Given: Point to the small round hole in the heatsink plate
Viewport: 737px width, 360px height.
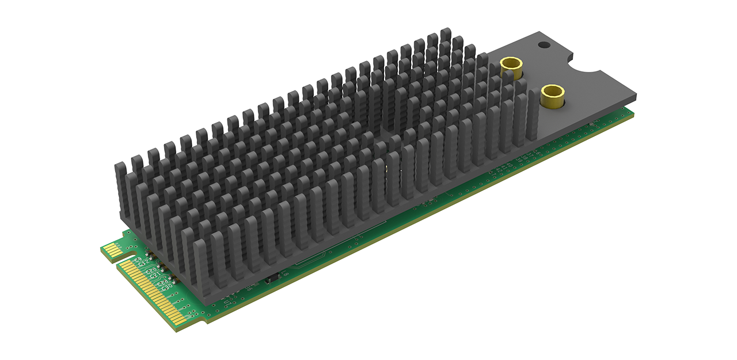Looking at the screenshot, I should (x=542, y=45).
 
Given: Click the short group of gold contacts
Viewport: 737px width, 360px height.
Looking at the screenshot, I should (x=112, y=251).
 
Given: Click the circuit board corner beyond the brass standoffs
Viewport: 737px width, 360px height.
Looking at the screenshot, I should (x=633, y=115).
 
